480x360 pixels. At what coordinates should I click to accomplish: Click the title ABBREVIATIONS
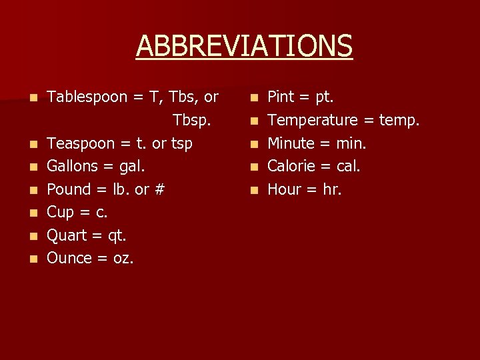[244, 46]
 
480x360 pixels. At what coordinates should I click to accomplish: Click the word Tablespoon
[87, 97]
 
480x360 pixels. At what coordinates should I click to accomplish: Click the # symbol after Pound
[159, 189]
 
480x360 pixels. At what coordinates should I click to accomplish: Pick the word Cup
[61, 213]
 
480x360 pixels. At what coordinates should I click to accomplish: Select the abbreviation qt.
[116, 235]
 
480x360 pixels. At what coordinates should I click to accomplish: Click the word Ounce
[69, 258]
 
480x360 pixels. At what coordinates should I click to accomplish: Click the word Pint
[282, 97]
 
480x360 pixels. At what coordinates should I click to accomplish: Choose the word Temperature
[313, 121]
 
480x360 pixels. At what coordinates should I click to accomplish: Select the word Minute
[291, 143]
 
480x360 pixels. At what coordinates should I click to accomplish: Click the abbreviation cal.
[346, 166]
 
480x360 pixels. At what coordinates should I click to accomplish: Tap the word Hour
[285, 189]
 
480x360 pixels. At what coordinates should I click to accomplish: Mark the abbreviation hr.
[331, 189]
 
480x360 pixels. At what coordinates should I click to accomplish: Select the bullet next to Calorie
[253, 167]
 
